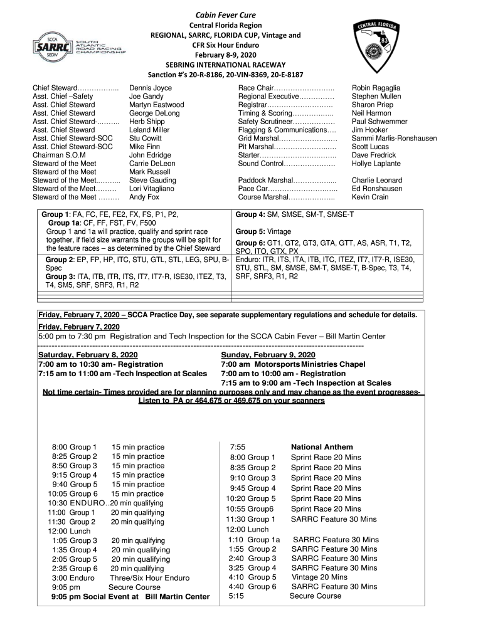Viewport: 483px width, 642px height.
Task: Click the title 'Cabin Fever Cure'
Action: point(225,14)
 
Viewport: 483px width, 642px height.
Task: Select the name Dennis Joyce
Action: point(150,88)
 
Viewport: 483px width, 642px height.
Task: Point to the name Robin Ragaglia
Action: point(376,88)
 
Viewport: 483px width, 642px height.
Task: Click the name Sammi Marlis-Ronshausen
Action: point(394,139)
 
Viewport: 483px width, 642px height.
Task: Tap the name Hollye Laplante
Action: point(376,164)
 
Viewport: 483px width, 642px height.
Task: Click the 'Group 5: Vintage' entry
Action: point(263,231)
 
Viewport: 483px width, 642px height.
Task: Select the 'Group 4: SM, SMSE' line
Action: point(294,214)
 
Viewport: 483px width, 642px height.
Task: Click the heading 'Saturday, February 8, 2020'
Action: point(88,355)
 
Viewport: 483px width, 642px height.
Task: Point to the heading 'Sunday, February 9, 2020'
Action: point(268,355)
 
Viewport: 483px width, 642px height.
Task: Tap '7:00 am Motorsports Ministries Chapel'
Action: point(293,364)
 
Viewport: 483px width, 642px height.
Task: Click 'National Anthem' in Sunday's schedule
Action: point(322,447)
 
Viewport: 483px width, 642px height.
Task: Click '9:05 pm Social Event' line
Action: point(130,597)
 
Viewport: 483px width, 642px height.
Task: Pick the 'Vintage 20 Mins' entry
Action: point(319,577)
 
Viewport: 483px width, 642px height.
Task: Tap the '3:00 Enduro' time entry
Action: point(73,577)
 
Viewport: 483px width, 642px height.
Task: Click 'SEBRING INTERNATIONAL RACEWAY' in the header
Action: point(225,65)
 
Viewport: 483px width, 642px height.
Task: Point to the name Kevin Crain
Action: point(370,197)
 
